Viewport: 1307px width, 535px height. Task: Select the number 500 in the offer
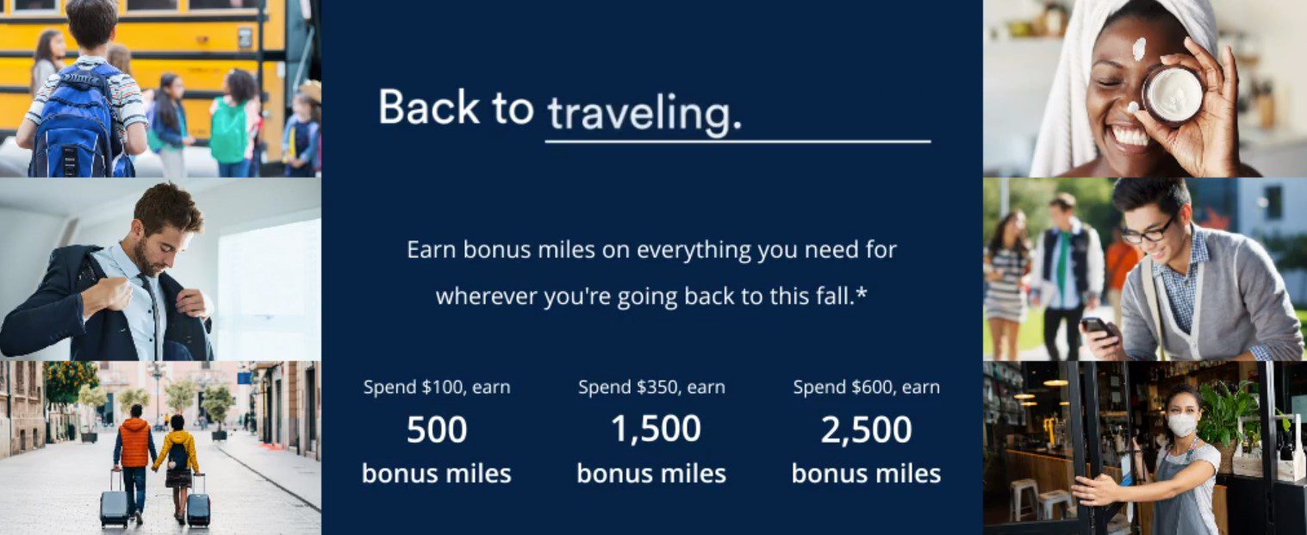click(437, 429)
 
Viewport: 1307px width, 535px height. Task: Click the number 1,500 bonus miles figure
click(656, 429)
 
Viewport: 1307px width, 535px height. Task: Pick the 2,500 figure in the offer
click(866, 429)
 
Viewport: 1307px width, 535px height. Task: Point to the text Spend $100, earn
click(437, 388)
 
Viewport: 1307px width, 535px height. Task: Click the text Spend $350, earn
click(651, 388)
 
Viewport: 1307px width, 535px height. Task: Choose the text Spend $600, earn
click(867, 388)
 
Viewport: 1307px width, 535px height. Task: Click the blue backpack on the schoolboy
click(76, 120)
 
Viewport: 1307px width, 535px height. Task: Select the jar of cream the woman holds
click(1173, 95)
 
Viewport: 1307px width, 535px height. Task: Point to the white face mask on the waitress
click(1182, 424)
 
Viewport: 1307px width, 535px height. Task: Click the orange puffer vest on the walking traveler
click(134, 442)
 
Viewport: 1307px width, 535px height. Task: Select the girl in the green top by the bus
click(232, 122)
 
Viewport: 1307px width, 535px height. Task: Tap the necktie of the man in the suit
click(153, 315)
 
